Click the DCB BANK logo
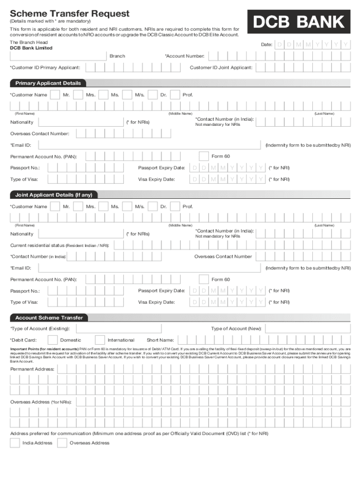pos(299,22)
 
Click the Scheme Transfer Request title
pos(70,14)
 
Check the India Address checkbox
pos(15,443)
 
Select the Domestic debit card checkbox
pos(53,340)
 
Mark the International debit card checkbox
pos(100,340)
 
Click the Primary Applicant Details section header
pos(48,83)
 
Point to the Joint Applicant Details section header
pos(54,195)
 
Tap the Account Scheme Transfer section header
pos(49,318)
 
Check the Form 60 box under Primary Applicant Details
pos(204,156)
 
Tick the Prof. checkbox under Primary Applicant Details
pos(175,95)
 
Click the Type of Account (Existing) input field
pos(117,329)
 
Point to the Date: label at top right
pos(266,44)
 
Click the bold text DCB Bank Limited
pos(31,48)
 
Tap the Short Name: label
pos(160,340)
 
